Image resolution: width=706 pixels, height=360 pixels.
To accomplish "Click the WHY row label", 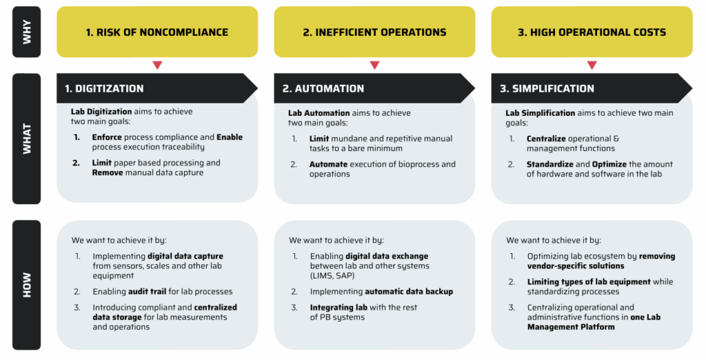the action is pyautogui.click(x=27, y=32).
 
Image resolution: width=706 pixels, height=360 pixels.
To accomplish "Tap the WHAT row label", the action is pyautogui.click(x=27, y=139).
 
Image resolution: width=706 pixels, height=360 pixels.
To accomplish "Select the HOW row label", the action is pyautogui.click(x=27, y=285).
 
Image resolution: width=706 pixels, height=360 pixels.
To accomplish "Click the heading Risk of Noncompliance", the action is pyautogui.click(x=157, y=32).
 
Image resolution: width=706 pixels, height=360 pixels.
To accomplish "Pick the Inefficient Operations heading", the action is pyautogui.click(x=374, y=32).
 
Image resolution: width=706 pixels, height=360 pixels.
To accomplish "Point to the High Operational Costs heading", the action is pyautogui.click(x=592, y=32).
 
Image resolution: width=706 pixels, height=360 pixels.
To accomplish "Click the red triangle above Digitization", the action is pyautogui.click(x=157, y=66).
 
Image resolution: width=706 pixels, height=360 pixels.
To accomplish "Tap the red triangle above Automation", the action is pyautogui.click(x=374, y=66).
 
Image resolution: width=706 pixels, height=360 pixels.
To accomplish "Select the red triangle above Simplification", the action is pyautogui.click(x=592, y=66).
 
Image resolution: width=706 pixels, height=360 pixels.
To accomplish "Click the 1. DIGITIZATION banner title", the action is pyautogui.click(x=104, y=88).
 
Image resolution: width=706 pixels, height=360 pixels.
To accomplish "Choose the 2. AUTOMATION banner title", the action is pyautogui.click(x=323, y=88).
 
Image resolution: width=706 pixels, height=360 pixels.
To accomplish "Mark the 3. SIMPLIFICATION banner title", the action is pyautogui.click(x=547, y=88).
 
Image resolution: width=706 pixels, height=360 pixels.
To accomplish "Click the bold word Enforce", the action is pyautogui.click(x=107, y=137).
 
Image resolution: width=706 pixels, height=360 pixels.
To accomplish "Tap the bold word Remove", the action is pyautogui.click(x=107, y=172).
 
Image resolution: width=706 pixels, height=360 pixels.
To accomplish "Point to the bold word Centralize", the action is pyautogui.click(x=546, y=139).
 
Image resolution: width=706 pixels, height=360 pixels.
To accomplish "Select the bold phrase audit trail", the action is pyautogui.click(x=147, y=292).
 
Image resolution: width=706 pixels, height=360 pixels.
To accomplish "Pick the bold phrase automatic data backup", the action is pyautogui.click(x=409, y=292).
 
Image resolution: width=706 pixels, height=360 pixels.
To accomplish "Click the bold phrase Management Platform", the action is pyautogui.click(x=571, y=327).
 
